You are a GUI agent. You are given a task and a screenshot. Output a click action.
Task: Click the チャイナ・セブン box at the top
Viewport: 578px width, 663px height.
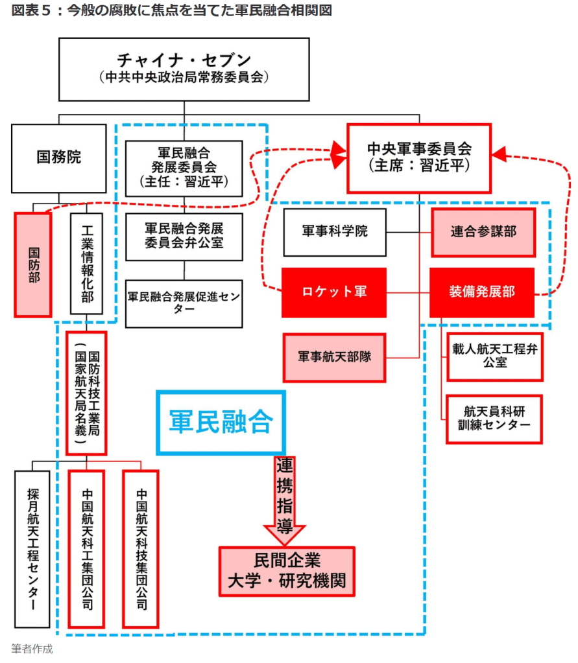pos(184,69)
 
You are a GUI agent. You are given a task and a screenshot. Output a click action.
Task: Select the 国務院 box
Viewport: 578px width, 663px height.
pos(58,157)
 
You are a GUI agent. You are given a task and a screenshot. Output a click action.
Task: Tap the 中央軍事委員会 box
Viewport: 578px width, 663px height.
pos(418,158)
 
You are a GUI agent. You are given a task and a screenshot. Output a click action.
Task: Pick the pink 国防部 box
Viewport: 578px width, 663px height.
pos(33,264)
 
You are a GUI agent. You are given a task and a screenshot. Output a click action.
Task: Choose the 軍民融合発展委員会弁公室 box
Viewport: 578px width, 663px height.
pos(184,237)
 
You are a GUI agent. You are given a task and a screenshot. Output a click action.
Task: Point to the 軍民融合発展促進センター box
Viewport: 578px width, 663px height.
pos(184,303)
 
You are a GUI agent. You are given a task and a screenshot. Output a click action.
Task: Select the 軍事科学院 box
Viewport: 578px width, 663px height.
pos(334,231)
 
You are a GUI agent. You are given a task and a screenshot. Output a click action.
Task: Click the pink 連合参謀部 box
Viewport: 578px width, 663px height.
pos(483,232)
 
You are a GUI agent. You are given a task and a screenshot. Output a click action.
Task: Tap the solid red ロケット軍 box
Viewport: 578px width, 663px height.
pos(334,292)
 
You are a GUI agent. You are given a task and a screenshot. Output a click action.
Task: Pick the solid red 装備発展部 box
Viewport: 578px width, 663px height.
pos(481,292)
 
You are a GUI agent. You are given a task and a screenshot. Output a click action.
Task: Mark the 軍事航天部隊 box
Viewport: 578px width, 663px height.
pos(334,357)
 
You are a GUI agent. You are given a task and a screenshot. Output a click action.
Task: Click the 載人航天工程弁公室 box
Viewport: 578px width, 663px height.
pos(494,355)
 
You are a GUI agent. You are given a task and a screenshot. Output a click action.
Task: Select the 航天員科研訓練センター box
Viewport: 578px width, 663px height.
pos(494,419)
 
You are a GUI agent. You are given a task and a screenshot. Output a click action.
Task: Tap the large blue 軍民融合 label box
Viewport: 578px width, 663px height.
pos(221,422)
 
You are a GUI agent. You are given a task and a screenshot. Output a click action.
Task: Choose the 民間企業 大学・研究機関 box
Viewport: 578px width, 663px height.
pos(287,571)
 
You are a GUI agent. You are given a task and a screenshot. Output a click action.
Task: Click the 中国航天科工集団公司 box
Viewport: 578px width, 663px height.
pos(86,548)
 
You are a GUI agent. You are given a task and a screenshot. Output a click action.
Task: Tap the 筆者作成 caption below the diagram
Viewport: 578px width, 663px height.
pos(32,649)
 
